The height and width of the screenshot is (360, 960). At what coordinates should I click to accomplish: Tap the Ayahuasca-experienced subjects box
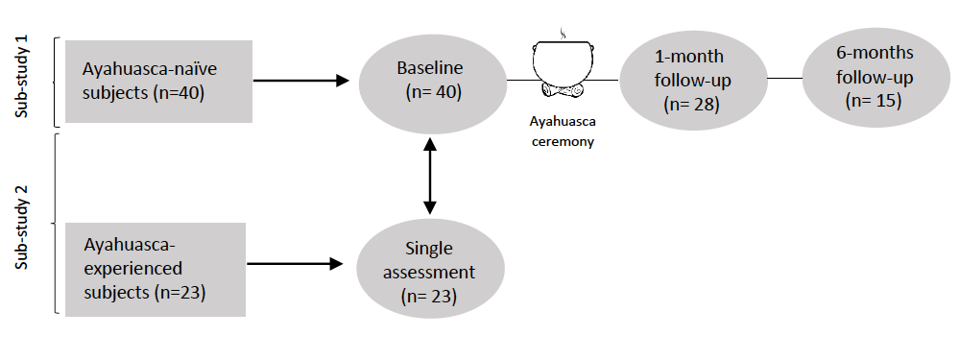[155, 269]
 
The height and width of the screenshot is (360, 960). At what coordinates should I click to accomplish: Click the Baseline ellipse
[431, 82]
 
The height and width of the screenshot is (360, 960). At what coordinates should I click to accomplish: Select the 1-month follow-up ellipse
[693, 81]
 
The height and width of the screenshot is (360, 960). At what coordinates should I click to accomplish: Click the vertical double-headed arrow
[430, 175]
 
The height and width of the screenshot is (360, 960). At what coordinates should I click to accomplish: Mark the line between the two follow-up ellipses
[784, 78]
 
